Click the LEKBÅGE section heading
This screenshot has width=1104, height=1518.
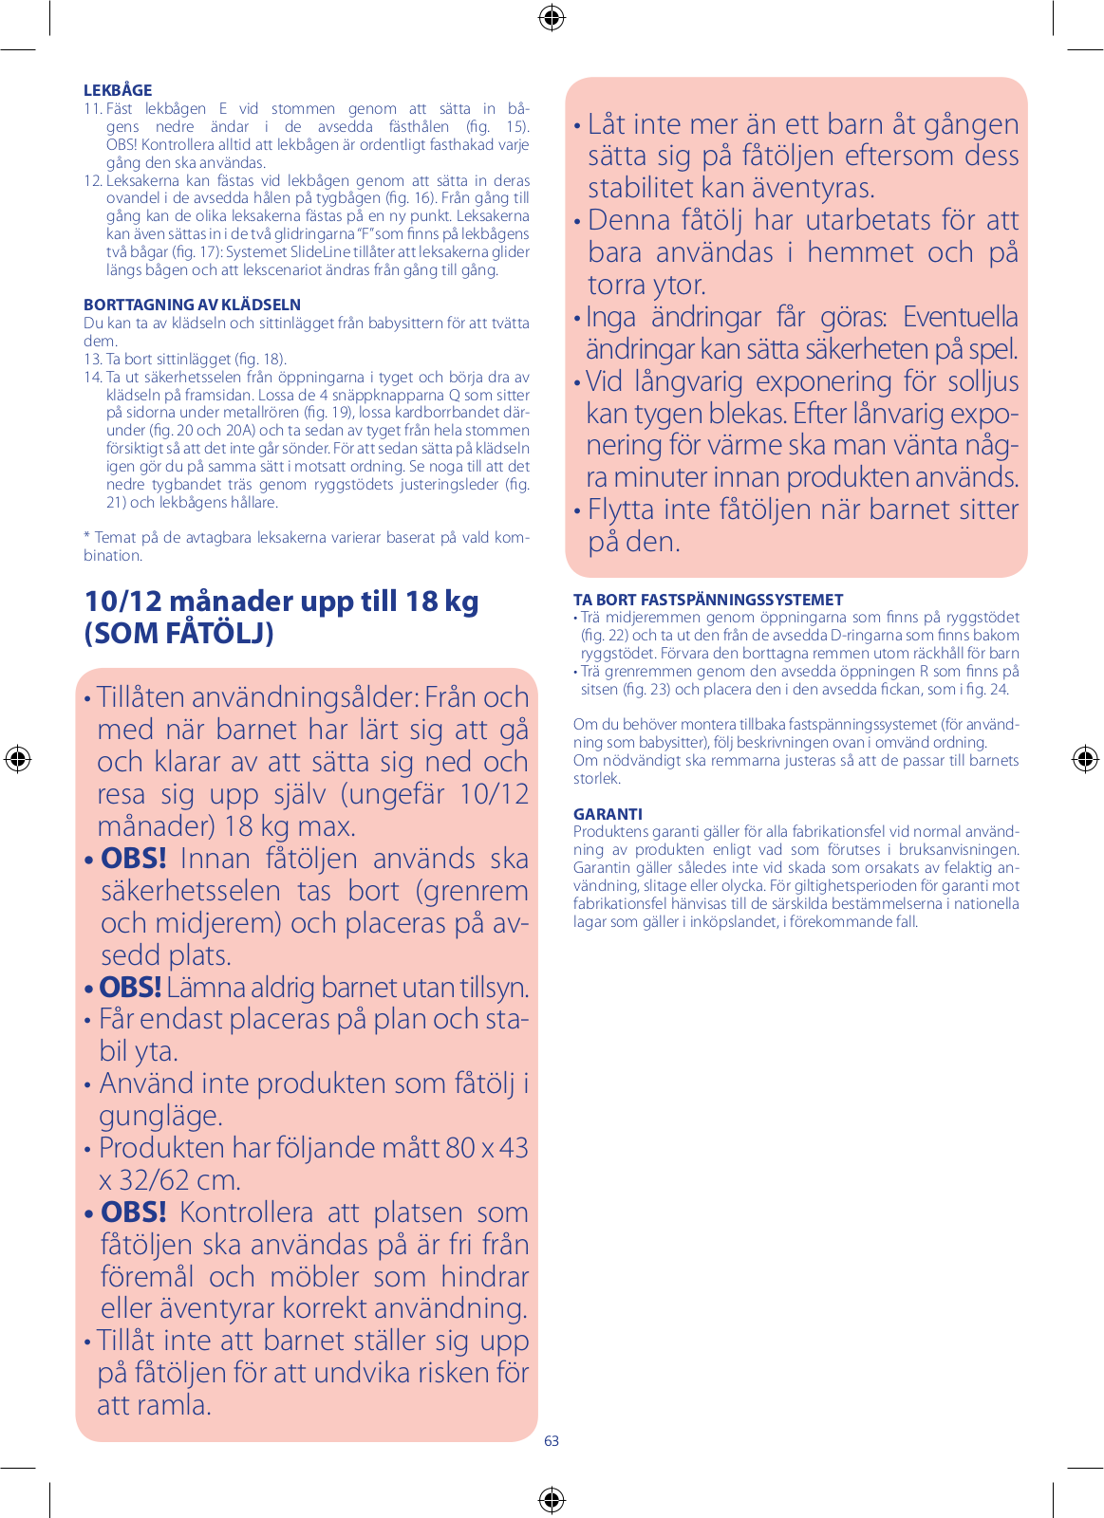tap(118, 90)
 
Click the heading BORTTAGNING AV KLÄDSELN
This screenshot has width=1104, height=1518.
tap(192, 305)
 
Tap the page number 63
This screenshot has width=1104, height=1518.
tap(552, 1440)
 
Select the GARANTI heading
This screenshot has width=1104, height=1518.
tap(608, 814)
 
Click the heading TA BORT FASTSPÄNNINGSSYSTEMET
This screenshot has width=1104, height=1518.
tap(708, 600)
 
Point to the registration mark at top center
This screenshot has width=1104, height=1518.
tap(552, 18)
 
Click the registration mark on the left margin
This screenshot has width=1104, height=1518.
tap(18, 759)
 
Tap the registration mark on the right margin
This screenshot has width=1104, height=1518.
tap(1085, 759)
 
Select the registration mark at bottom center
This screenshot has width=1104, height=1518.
tap(552, 1500)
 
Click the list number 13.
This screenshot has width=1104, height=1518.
tap(92, 360)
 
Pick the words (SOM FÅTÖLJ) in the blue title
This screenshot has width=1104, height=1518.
tap(178, 633)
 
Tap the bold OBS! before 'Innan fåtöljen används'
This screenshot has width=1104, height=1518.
tap(134, 859)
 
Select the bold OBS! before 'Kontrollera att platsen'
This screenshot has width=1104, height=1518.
tap(134, 1213)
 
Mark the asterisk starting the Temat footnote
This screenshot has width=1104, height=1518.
tap(86, 537)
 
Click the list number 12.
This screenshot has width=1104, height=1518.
tap(92, 180)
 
